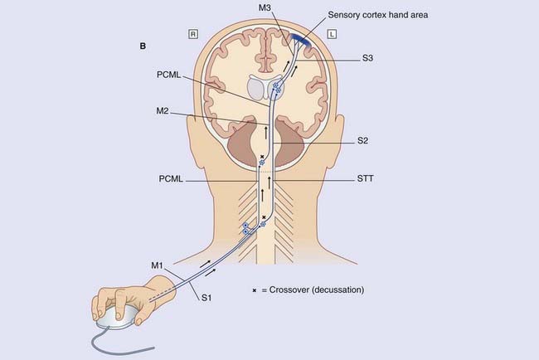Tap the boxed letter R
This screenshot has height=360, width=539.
pyautogui.click(x=192, y=35)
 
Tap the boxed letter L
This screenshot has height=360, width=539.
pyautogui.click(x=332, y=35)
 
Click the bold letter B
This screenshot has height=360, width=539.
pyautogui.click(x=143, y=47)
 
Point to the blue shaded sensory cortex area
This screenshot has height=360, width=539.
pyautogui.click(x=297, y=37)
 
